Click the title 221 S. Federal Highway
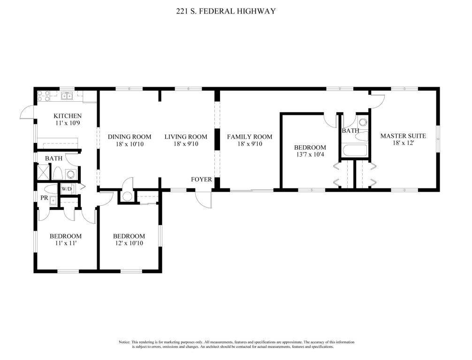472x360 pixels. [226, 11]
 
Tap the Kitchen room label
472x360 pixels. [68, 116]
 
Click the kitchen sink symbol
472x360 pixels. [67, 96]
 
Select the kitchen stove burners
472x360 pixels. [43, 96]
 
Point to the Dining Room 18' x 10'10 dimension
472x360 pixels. [130, 144]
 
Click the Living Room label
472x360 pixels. [186, 137]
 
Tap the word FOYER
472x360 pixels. [201, 180]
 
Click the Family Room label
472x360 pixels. [250, 137]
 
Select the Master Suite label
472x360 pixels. [403, 136]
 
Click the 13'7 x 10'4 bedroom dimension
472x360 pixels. [310, 155]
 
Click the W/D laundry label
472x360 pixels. [67, 189]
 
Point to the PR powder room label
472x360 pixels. [44, 198]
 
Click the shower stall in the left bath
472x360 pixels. [43, 172]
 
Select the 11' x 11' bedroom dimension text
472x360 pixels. [65, 243]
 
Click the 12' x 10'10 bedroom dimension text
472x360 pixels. [129, 243]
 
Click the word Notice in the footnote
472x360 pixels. [124, 342]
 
